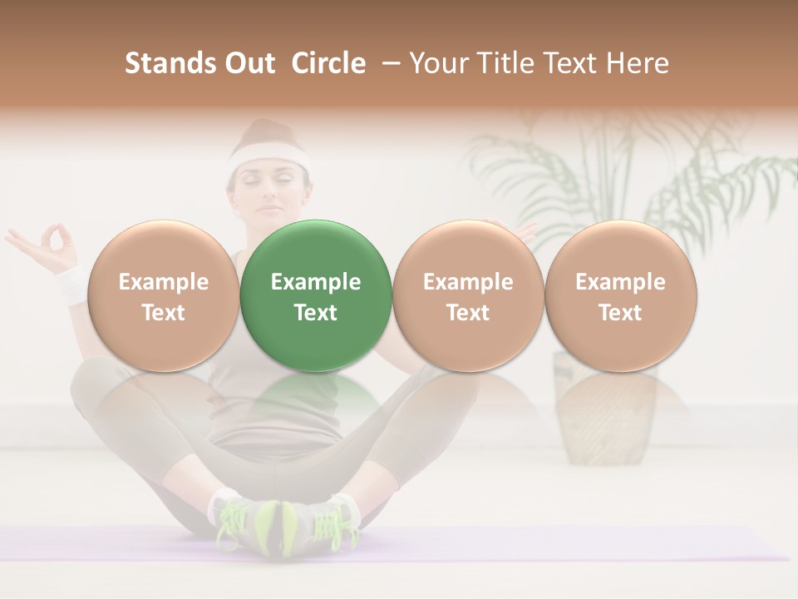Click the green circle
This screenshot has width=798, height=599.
[x=316, y=296]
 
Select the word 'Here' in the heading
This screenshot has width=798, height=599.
[x=637, y=63]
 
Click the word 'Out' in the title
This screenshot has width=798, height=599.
[x=249, y=63]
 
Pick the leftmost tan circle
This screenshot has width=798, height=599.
[x=163, y=296]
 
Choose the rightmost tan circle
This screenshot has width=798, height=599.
[x=620, y=296]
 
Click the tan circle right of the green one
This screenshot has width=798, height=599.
[x=468, y=296]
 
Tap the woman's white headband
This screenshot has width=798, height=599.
[x=268, y=156]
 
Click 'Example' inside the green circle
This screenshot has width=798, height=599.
[x=316, y=282]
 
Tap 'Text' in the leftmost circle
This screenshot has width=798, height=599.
[x=163, y=313]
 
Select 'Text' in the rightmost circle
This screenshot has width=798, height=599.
[x=620, y=313]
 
